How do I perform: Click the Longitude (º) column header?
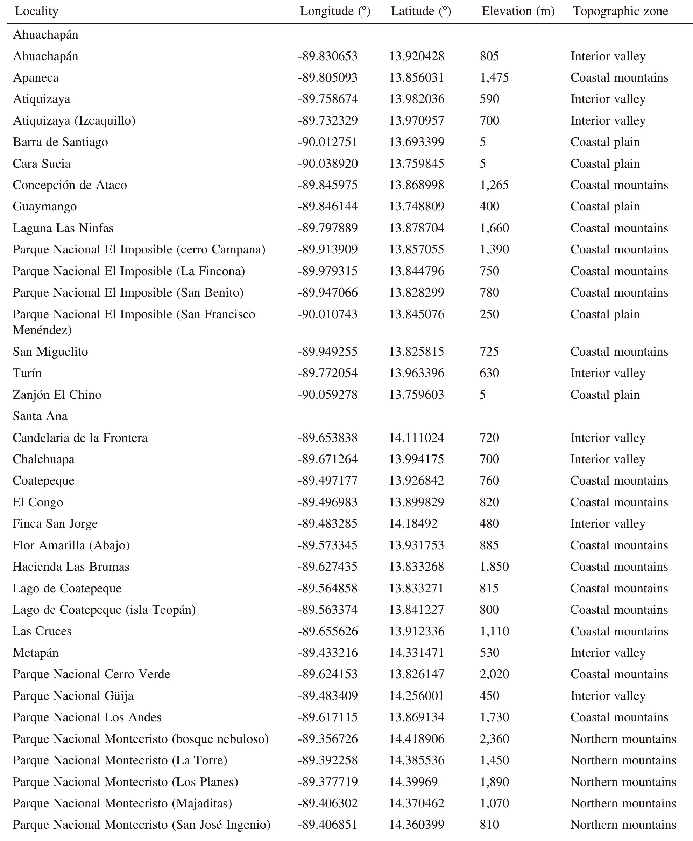point(335,11)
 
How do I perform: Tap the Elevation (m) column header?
point(518,11)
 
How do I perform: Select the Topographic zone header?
point(620,11)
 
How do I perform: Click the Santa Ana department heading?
point(40,416)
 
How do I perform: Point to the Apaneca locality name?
point(36,77)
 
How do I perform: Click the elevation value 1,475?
point(494,77)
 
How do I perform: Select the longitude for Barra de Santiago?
point(327,142)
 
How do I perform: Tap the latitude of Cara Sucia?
point(416,164)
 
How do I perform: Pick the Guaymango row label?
point(45,207)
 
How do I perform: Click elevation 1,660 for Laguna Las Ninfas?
point(494,228)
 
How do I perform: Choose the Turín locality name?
point(27,373)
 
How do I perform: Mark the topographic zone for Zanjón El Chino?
point(605,395)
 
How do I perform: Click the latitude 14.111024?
point(416,438)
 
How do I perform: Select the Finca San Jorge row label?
point(55,524)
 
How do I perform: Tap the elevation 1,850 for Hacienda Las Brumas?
point(494,567)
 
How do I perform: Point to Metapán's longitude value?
point(327,653)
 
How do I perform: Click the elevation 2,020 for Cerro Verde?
point(494,674)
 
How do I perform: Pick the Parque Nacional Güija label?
point(73,696)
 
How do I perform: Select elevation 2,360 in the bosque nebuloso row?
point(494,739)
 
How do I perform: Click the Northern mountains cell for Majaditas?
point(623,804)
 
